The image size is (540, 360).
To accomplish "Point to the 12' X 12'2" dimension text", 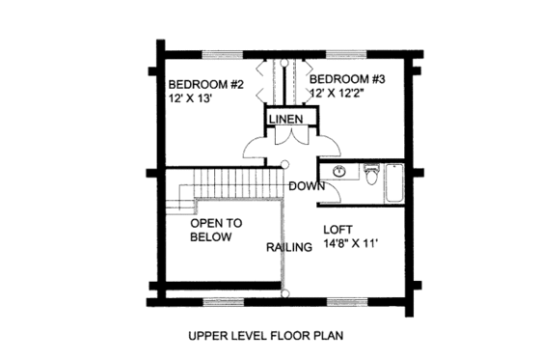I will pyautogui.click(x=343, y=92).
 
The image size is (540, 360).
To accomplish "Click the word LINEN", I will pyautogui.click(x=286, y=119).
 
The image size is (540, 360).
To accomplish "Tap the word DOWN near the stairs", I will pyautogui.click(x=306, y=186).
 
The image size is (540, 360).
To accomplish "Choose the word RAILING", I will pyautogui.click(x=289, y=247).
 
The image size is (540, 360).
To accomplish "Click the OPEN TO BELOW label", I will pyautogui.click(x=216, y=229).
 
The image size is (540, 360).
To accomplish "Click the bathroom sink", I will pyautogui.click(x=338, y=173).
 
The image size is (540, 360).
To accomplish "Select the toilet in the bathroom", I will pyautogui.click(x=370, y=175).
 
